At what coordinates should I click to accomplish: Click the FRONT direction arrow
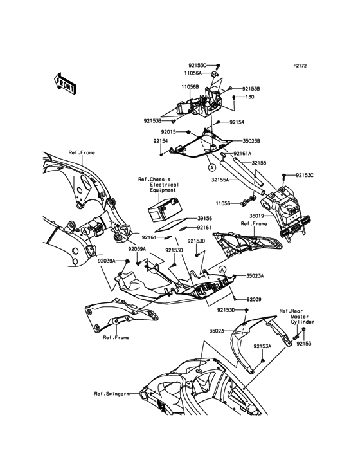(x=65, y=83)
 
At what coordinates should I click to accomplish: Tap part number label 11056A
(x=193, y=73)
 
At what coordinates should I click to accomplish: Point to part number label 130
(x=250, y=97)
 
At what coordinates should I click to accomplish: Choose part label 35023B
(x=251, y=140)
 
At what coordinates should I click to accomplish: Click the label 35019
(x=256, y=216)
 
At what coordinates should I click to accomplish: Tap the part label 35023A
(x=255, y=276)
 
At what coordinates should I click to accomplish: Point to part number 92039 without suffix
(x=254, y=299)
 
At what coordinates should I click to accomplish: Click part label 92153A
(x=262, y=346)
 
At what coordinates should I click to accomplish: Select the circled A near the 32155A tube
(x=212, y=167)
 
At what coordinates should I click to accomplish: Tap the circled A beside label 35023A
(x=222, y=270)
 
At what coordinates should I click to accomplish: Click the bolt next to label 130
(x=234, y=98)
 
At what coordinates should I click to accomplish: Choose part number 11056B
(x=190, y=86)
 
